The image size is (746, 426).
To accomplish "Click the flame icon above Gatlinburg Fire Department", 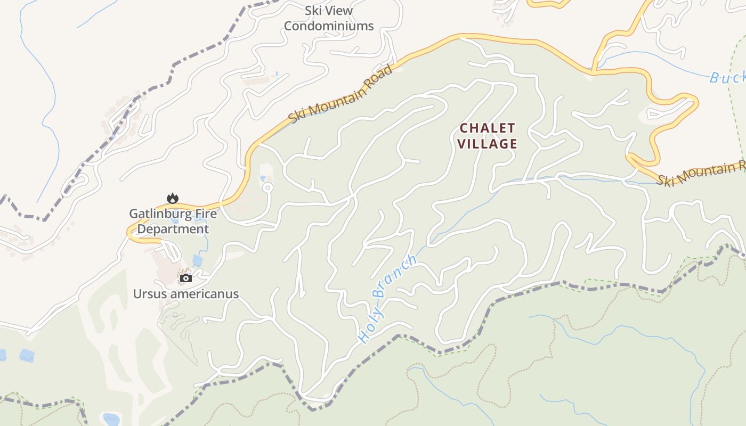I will pyautogui.click(x=172, y=198).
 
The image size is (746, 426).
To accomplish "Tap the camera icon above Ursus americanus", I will pyautogui.click(x=185, y=278).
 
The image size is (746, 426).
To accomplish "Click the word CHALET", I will pyautogui.click(x=488, y=128).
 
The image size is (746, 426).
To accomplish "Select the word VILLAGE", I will pyautogui.click(x=487, y=144).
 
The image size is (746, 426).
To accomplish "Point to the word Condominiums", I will pyautogui.click(x=329, y=26).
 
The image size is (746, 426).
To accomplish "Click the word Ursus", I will pyautogui.click(x=149, y=294).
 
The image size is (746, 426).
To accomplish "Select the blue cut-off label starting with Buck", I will pyautogui.click(x=727, y=78).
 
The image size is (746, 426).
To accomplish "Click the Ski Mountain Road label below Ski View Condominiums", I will pyautogui.click(x=342, y=94).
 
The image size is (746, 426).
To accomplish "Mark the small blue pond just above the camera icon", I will pyautogui.click(x=198, y=260).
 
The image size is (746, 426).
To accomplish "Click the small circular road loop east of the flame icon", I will pyautogui.click(x=267, y=187).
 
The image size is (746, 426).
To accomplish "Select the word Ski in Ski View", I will pyautogui.click(x=314, y=10).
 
